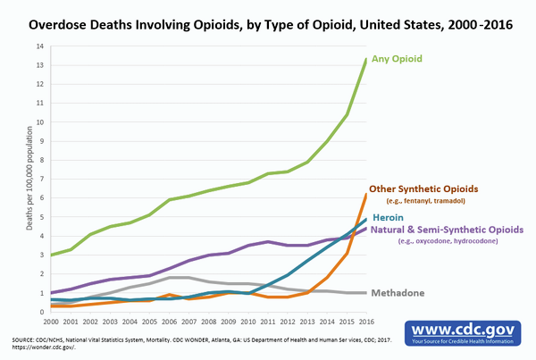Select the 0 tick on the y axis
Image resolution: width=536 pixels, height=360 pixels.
click(39, 312)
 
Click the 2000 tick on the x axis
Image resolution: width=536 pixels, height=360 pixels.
click(51, 321)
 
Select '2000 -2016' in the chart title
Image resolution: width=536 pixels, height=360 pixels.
click(469, 25)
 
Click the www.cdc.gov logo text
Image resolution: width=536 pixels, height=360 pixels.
click(465, 327)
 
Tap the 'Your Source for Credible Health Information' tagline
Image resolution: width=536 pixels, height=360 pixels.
click(465, 340)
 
